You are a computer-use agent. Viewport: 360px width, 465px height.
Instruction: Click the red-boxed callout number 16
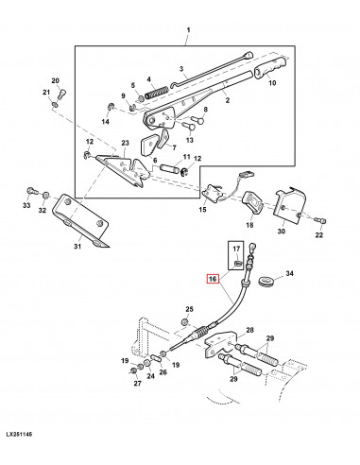click(x=213, y=279)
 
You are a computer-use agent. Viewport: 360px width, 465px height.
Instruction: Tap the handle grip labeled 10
click(x=270, y=67)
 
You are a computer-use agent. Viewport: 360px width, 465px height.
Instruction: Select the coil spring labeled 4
click(x=157, y=92)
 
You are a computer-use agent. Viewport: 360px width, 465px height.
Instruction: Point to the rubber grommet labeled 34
click(x=266, y=281)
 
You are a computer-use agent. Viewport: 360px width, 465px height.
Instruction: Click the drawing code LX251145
click(x=19, y=435)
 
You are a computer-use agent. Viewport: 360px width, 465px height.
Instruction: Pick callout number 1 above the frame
click(x=188, y=30)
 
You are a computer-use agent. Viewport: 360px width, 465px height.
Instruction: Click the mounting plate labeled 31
click(x=81, y=220)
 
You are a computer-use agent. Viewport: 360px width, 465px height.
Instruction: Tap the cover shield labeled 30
click(x=289, y=207)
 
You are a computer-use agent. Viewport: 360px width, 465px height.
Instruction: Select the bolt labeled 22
click(x=320, y=221)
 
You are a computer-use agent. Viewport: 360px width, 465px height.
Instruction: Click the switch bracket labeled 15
click(x=214, y=194)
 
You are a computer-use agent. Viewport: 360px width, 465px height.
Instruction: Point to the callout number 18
click(x=249, y=225)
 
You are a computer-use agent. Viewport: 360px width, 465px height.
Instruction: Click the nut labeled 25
click(x=185, y=322)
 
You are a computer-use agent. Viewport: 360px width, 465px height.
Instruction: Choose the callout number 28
click(x=249, y=330)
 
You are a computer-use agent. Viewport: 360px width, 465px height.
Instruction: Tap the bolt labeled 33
click(x=32, y=191)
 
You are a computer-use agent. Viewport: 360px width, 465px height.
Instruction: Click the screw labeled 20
click(x=62, y=94)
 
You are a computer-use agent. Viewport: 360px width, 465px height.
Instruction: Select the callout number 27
click(x=138, y=383)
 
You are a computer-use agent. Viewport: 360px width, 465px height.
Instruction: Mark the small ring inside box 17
click(x=238, y=262)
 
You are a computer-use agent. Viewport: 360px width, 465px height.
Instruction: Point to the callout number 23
click(x=125, y=143)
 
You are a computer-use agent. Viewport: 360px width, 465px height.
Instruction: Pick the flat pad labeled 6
click(x=147, y=146)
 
